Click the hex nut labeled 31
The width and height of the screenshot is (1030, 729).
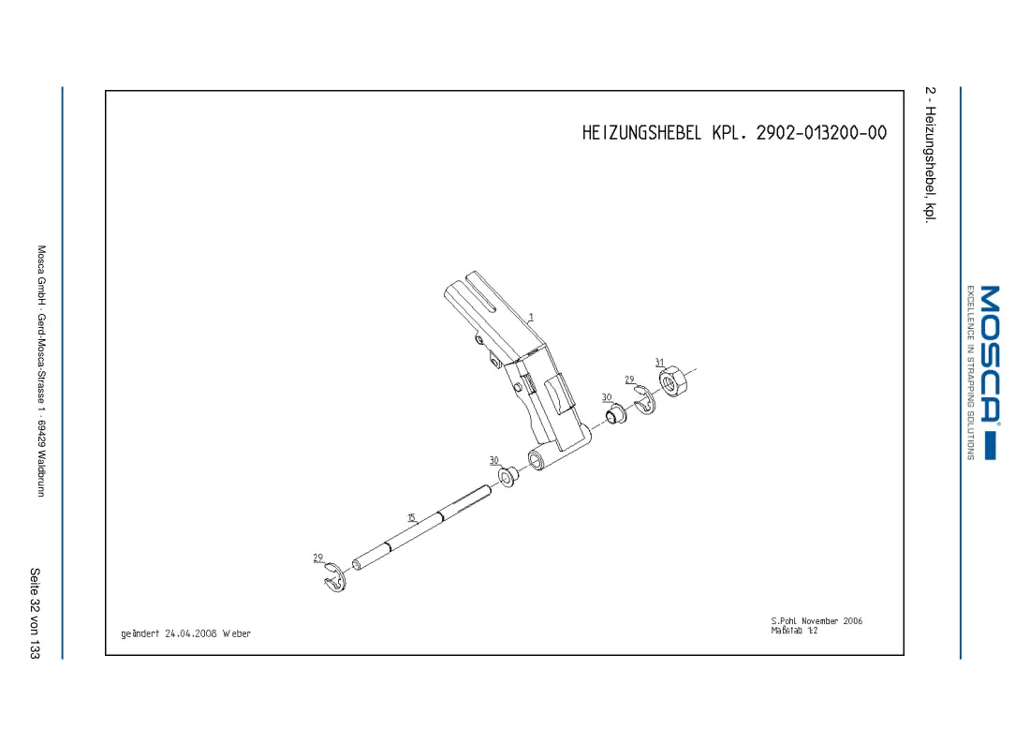(673, 381)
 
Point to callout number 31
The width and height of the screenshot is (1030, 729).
(659, 363)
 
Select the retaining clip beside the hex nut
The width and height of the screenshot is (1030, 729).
(646, 400)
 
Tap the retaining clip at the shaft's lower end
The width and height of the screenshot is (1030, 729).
(335, 578)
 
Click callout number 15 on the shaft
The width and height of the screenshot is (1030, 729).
(411, 517)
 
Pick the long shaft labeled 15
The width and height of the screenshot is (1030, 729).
(421, 528)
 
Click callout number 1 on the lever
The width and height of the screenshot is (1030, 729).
(531, 318)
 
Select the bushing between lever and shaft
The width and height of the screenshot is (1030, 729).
(508, 476)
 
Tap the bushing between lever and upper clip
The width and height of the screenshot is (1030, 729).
(616, 414)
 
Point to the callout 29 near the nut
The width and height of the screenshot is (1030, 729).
(629, 379)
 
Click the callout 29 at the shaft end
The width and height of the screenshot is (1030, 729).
(318, 558)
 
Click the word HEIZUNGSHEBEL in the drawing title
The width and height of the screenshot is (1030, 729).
(641, 133)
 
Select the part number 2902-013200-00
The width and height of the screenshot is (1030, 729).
(821, 133)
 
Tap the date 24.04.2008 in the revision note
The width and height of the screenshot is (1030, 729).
(190, 633)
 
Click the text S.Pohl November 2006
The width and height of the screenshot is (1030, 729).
(817, 620)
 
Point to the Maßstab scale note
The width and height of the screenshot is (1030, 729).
(794, 631)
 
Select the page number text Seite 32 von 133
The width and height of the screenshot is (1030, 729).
(35, 614)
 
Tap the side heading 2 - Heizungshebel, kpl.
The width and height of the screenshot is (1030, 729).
(930, 156)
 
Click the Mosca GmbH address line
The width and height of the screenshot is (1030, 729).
(41, 371)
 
